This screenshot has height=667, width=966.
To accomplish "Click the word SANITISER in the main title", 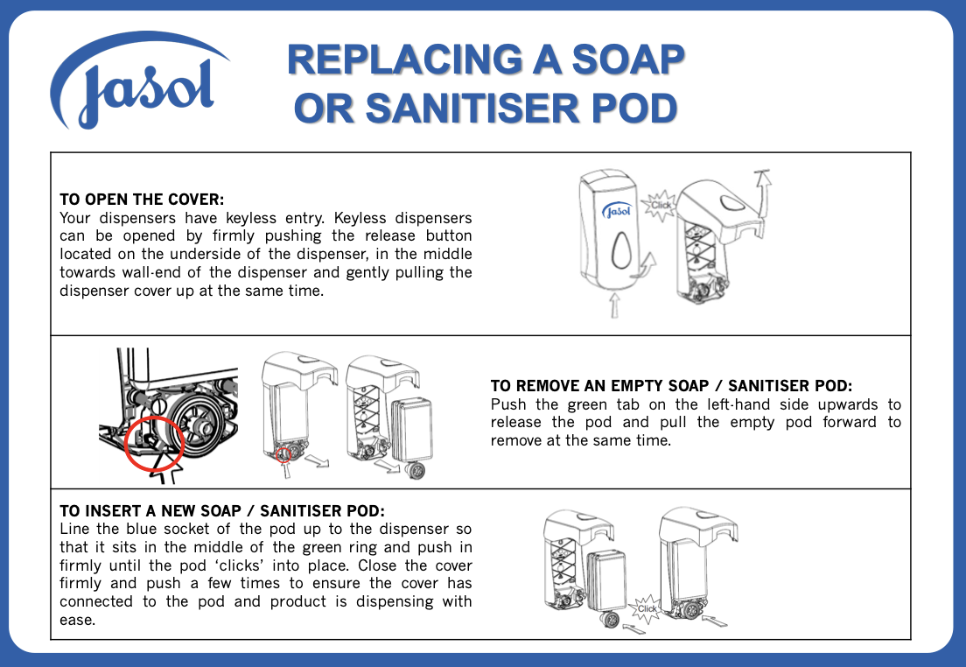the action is (x=472, y=109).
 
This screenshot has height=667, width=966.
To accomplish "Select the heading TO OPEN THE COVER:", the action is (x=142, y=199).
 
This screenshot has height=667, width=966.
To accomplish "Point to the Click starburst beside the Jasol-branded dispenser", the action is (x=659, y=206).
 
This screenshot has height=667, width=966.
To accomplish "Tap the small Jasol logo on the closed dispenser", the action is (x=617, y=212).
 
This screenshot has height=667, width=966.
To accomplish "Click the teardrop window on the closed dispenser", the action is (x=621, y=249).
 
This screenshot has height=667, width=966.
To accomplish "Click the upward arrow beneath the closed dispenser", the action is (x=614, y=305).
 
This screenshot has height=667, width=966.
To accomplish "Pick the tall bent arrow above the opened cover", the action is (x=764, y=193).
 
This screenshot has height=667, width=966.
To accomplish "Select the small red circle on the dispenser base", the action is (x=283, y=455).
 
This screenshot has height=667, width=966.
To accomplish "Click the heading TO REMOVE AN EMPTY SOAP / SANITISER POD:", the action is (x=671, y=386).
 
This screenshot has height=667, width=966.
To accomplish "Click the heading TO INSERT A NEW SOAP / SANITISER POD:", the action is (x=221, y=511).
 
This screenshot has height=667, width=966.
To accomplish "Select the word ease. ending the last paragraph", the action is (x=78, y=620).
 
